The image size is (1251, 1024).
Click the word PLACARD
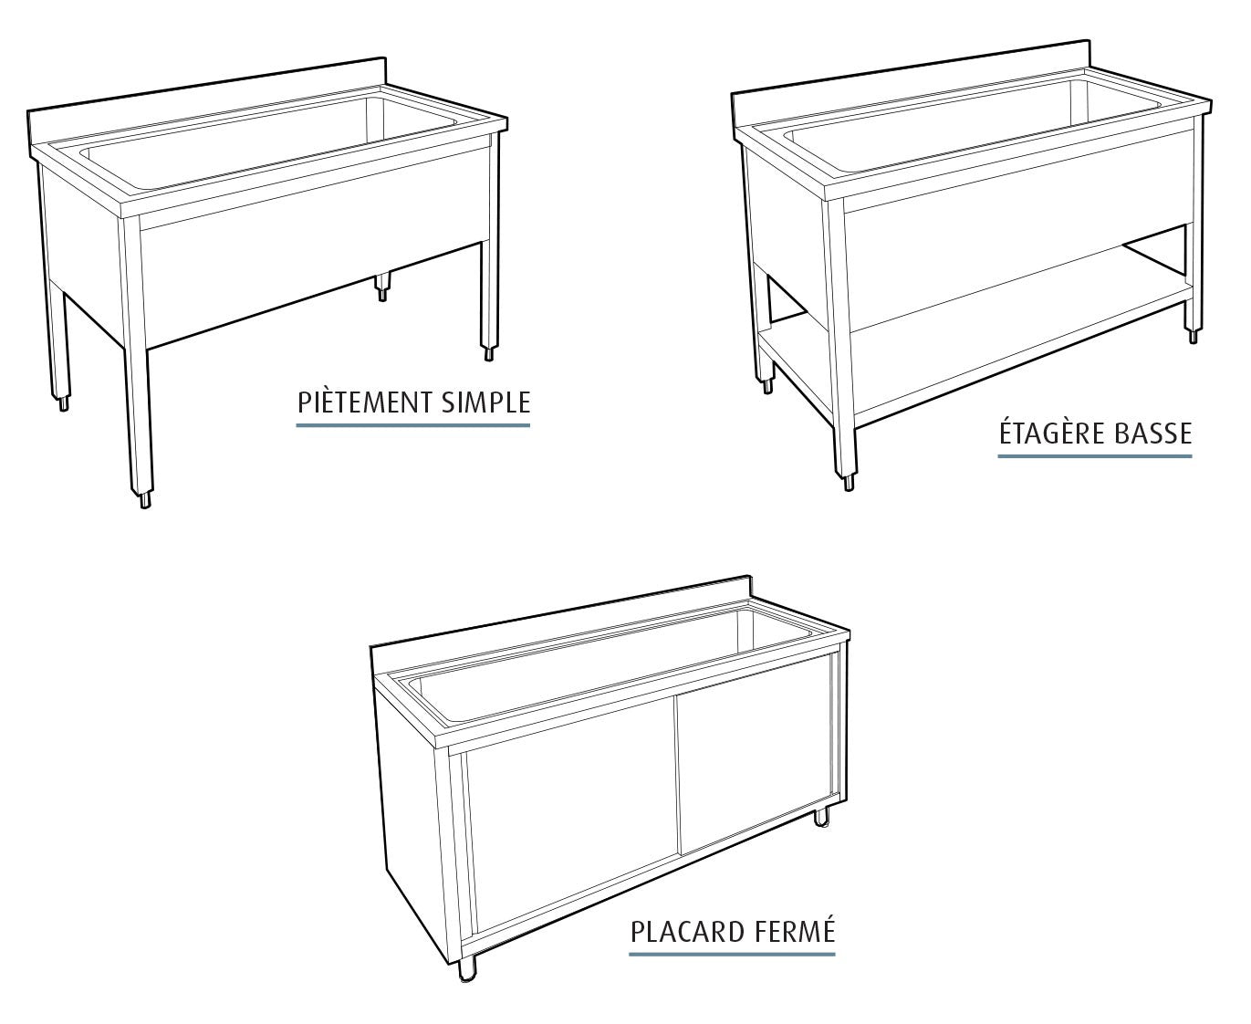690,932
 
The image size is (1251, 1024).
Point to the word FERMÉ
796,932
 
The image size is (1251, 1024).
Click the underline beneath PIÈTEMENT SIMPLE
412,424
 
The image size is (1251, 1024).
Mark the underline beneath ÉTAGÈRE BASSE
1094,454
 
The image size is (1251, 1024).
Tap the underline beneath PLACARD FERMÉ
732,954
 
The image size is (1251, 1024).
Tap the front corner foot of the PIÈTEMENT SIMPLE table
144,499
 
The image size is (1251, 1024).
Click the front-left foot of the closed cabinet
468,970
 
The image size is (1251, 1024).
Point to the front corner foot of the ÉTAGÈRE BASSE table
849,481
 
